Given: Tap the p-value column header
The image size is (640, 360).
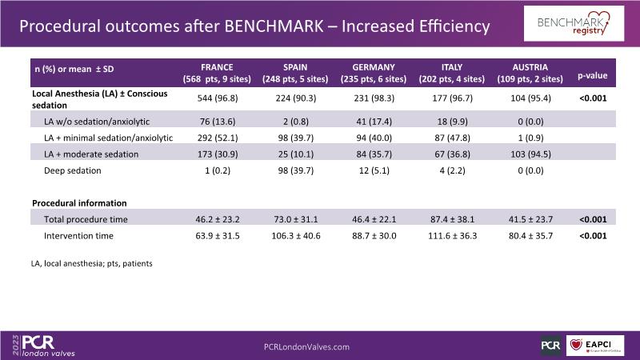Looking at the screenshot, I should point(592,77).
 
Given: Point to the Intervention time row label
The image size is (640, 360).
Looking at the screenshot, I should point(78,235).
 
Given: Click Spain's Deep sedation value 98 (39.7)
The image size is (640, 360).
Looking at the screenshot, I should point(292,170).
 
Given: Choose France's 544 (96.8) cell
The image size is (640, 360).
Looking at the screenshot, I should point(218,98).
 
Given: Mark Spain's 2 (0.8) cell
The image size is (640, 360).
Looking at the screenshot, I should point(292,121).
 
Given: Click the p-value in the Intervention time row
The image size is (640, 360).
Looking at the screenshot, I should point(592,235).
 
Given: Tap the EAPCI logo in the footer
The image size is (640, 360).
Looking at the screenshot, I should point(594,346).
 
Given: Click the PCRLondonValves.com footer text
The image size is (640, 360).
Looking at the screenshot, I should point(306,346).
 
